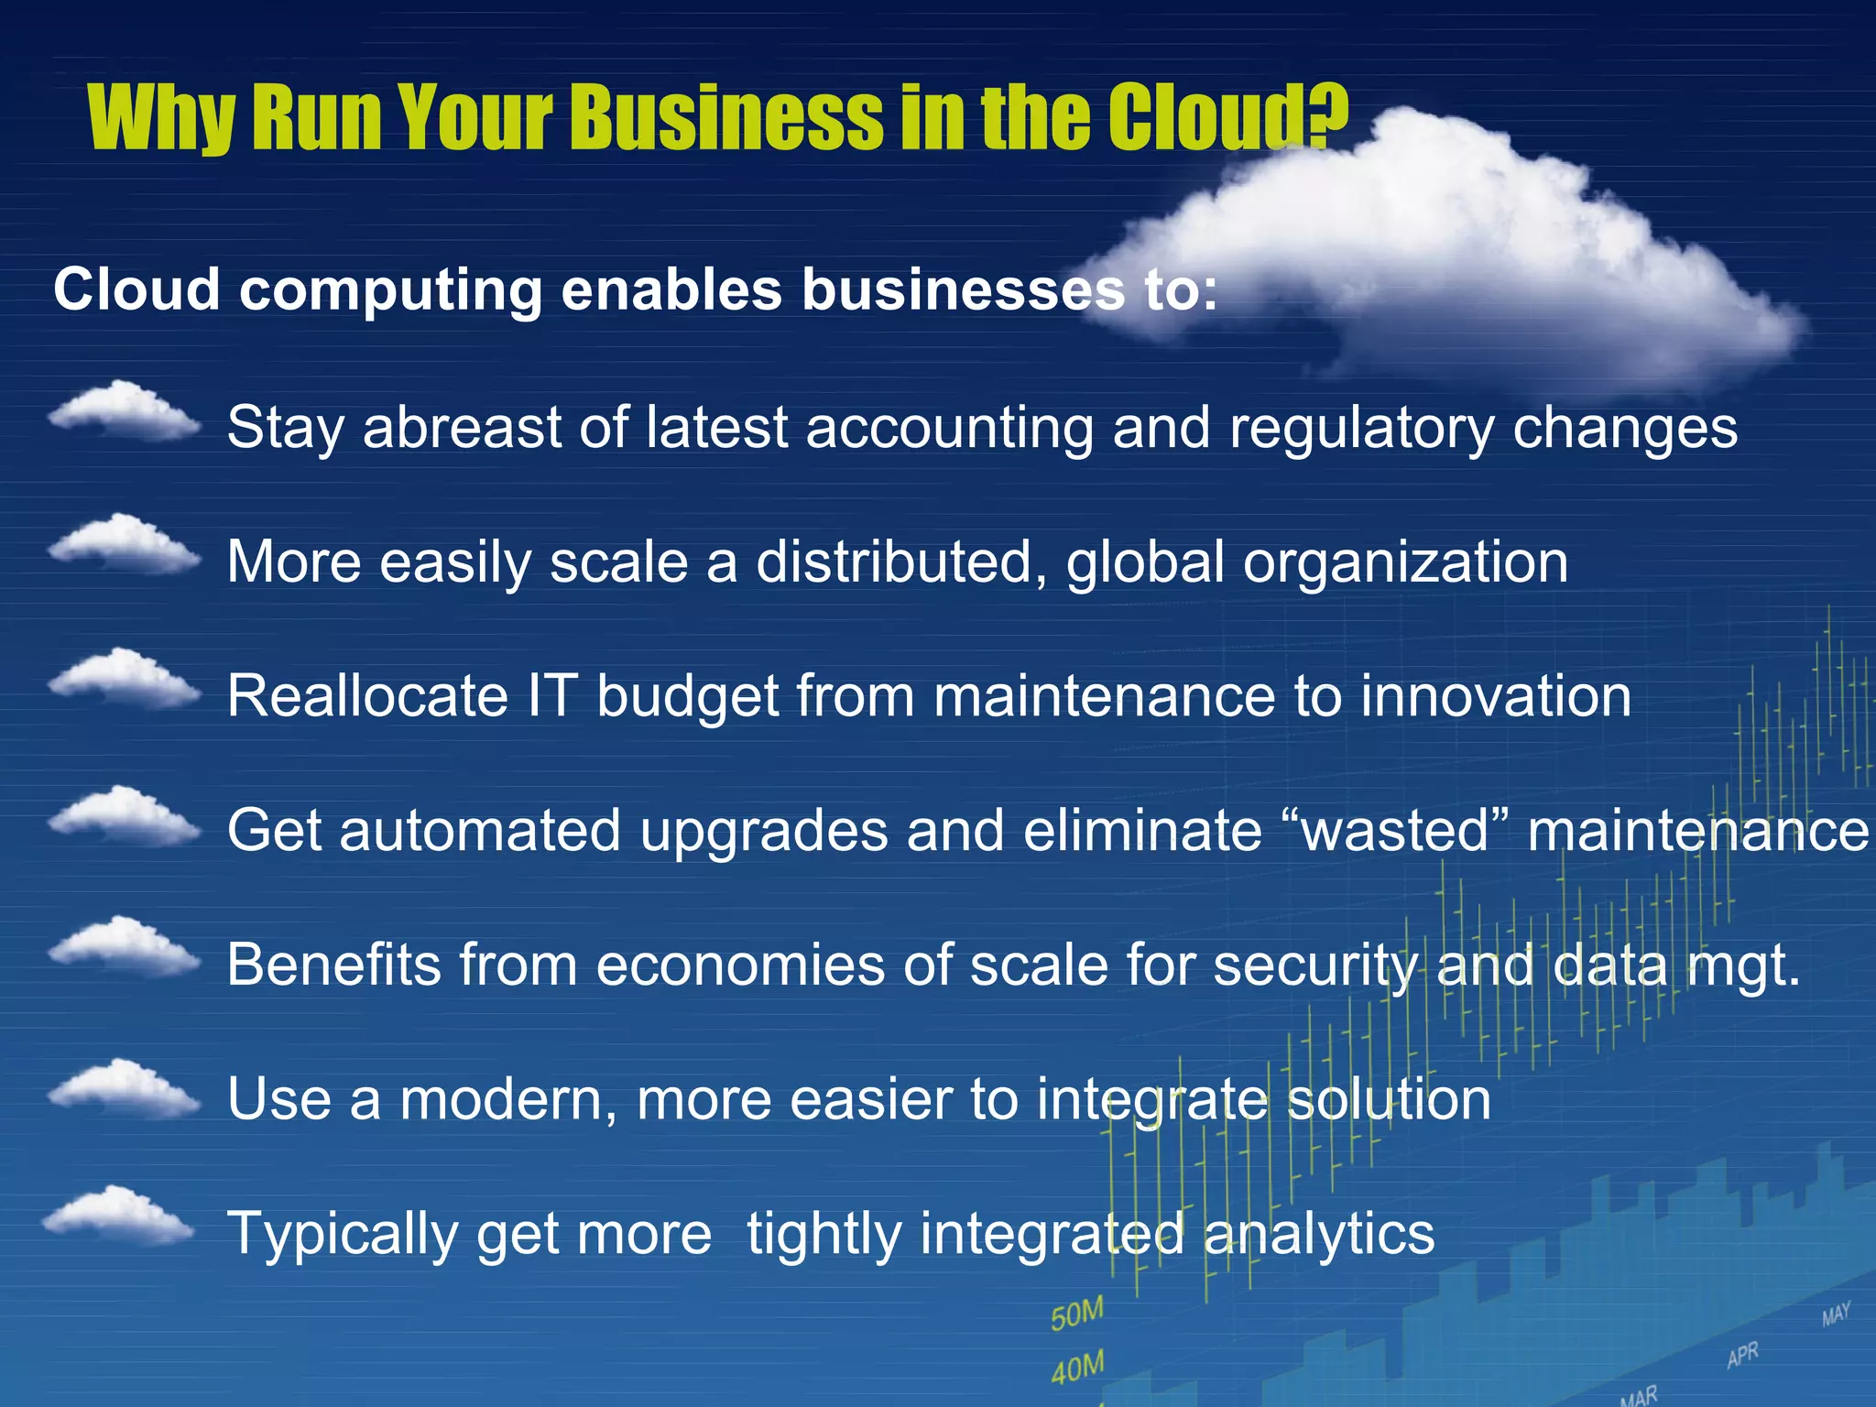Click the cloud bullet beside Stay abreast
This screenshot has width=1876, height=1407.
[125, 411]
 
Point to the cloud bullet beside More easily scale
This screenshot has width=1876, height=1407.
[125, 545]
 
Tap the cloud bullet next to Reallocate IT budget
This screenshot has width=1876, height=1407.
[125, 679]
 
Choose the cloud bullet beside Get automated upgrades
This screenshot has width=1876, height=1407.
[125, 814]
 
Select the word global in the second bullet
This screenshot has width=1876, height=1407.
[1145, 562]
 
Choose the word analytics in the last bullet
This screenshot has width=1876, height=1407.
[1319, 1233]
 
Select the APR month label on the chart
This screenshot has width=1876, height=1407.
[1742, 1355]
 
